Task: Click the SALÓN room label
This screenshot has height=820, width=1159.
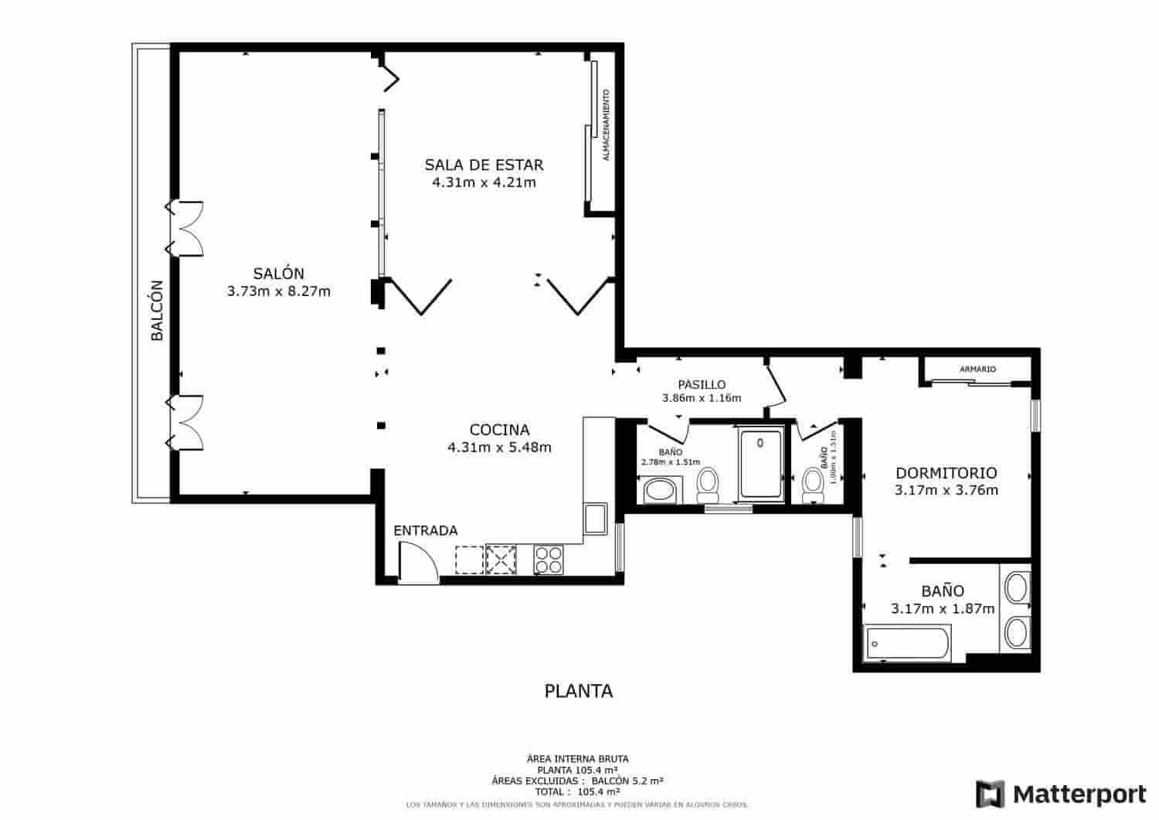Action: (x=278, y=274)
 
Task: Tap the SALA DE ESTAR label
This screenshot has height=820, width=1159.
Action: (x=484, y=165)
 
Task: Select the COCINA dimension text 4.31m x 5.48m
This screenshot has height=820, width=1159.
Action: (x=499, y=447)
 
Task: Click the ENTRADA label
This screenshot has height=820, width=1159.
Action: (x=425, y=531)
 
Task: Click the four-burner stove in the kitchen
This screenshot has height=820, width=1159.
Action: (x=549, y=560)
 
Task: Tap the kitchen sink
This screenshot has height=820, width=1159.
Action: (x=595, y=518)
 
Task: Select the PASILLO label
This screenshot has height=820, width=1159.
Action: (x=702, y=385)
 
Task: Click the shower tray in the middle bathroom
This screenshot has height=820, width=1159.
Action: (x=760, y=464)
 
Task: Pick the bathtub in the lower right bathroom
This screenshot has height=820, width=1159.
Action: (x=907, y=643)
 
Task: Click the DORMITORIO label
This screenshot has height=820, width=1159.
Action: (x=946, y=473)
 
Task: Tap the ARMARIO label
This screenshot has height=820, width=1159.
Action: (x=977, y=369)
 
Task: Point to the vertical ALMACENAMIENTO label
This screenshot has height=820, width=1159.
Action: (x=606, y=125)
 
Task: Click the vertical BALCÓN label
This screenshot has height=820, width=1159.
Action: (x=157, y=310)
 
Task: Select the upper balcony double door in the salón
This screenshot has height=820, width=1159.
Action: (x=186, y=228)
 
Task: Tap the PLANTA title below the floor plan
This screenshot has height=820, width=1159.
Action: (x=579, y=691)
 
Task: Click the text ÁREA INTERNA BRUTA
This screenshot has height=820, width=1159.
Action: (x=577, y=759)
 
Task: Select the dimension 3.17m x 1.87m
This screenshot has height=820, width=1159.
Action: (x=942, y=609)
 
